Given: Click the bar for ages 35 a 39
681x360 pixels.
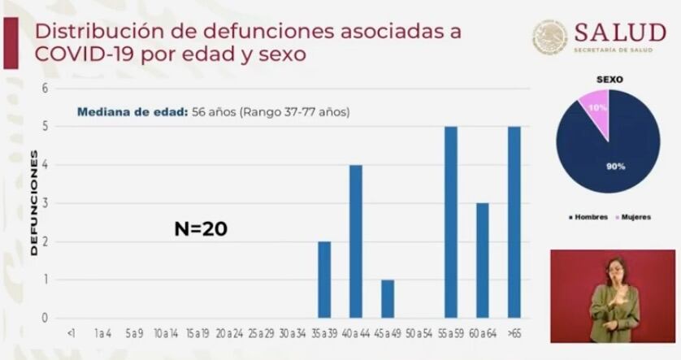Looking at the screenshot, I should click(x=324, y=280).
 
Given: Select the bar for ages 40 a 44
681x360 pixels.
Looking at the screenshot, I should click(x=356, y=241).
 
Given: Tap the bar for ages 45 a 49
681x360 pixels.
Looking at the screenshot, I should click(x=388, y=298).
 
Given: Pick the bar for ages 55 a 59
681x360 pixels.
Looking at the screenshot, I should click(x=451, y=222).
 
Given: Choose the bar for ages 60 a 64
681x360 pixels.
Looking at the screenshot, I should click(x=483, y=260).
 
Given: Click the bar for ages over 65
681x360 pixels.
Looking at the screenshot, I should click(x=514, y=222).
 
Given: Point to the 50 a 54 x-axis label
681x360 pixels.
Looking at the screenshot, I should click(x=419, y=333).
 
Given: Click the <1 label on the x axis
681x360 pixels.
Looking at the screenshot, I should click(x=72, y=333).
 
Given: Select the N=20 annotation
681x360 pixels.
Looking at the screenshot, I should click(x=201, y=229).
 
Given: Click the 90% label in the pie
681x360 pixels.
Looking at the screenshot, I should click(x=614, y=167).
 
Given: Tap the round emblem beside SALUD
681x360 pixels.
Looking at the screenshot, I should click(x=550, y=37).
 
